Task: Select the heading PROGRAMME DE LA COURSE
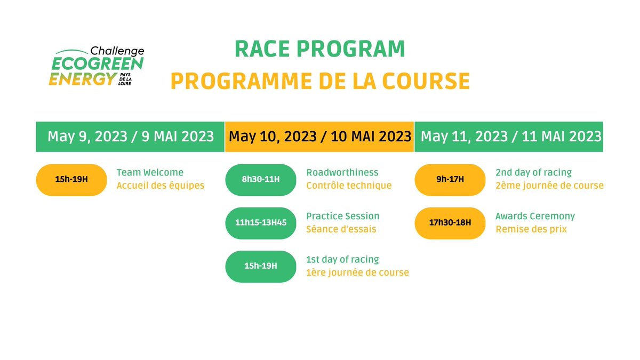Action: pos(320,82)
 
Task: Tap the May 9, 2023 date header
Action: pos(131,137)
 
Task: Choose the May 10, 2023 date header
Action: pos(320,137)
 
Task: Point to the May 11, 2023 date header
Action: pos(511,137)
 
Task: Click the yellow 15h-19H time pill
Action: pos(71,180)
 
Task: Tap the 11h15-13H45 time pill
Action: pos(261,223)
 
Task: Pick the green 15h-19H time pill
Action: pos(261,266)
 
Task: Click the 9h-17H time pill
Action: pos(450,180)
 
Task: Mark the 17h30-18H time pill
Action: pos(450,223)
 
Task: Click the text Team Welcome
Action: pos(150,173)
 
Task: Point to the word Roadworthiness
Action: pos(342,173)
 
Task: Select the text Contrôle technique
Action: pos(349,186)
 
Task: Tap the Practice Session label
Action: pos(343,217)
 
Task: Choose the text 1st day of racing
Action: pos(342,260)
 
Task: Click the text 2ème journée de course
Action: pos(549,186)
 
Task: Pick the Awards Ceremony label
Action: pos(535,217)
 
